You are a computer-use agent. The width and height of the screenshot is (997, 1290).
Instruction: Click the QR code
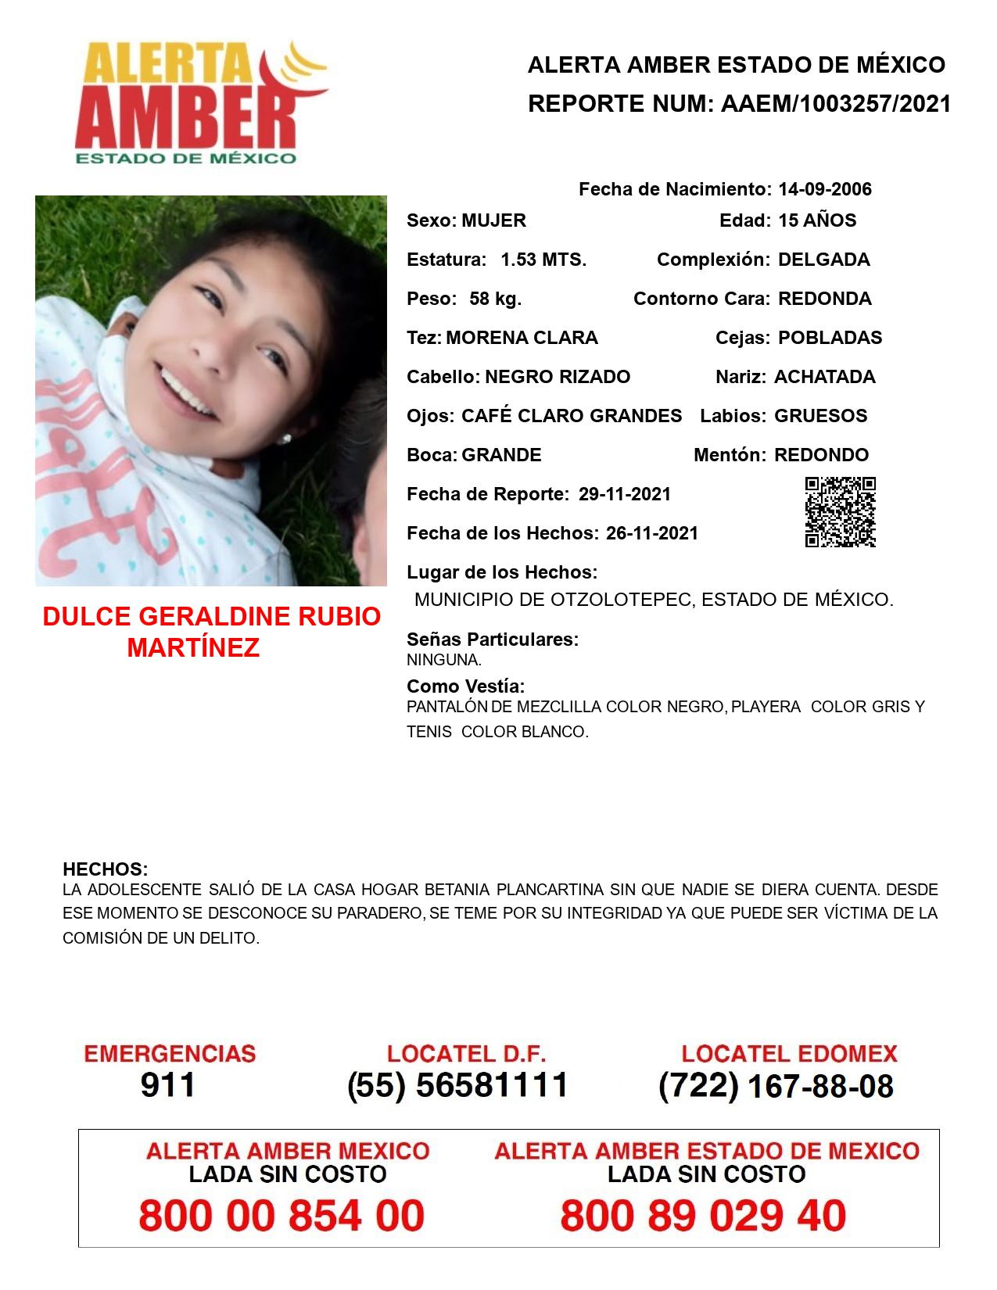(x=840, y=512)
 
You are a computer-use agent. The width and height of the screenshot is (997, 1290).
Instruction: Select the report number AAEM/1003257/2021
(x=835, y=104)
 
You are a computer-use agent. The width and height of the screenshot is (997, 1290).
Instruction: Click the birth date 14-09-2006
(x=824, y=189)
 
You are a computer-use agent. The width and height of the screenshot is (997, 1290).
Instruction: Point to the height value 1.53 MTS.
(x=543, y=260)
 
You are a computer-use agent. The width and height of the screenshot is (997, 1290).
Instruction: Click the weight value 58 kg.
(x=495, y=299)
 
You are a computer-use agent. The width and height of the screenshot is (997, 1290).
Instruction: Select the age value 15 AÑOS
(x=817, y=220)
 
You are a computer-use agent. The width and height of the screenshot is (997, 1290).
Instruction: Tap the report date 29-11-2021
(x=625, y=494)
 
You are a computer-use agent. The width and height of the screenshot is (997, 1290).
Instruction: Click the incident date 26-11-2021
(x=652, y=533)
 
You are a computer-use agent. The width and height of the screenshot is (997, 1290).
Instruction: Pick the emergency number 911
(x=168, y=1085)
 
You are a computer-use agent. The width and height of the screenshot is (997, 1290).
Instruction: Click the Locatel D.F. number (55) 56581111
(x=457, y=1085)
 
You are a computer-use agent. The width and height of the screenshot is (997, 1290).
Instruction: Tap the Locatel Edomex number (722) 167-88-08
(x=776, y=1086)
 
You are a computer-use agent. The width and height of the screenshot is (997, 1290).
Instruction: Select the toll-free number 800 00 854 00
(x=282, y=1216)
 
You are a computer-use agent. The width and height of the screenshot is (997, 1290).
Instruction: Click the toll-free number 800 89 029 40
(x=703, y=1216)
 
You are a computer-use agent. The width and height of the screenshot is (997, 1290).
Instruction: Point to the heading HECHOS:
(x=105, y=869)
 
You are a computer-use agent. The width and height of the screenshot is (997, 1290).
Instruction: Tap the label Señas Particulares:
(x=493, y=640)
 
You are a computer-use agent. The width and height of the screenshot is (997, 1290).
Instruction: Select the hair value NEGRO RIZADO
(x=558, y=377)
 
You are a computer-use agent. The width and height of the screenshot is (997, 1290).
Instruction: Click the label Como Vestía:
(x=465, y=686)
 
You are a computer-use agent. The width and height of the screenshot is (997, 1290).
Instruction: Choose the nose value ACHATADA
(x=824, y=377)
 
